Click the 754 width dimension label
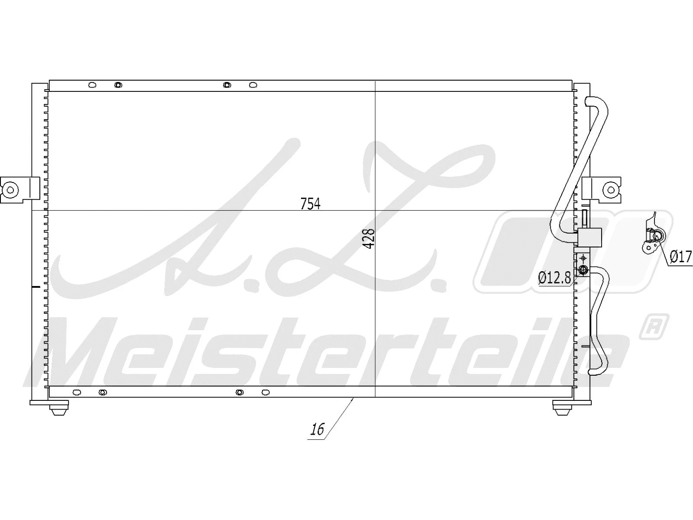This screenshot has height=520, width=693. pos(310,203)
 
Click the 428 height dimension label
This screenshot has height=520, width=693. pos(369,238)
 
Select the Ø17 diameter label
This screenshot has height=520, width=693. pos(680,257)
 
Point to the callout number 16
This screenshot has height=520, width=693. pos(317,429)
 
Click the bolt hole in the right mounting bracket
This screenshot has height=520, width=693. pos(610,189)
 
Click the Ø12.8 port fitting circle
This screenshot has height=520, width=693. pos(583,271)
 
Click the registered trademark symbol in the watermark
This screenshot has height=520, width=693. pos(654,327)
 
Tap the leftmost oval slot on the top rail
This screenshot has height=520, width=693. pos(92,85)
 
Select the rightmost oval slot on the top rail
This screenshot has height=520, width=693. pos(253,85)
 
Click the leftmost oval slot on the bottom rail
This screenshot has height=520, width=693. pos(77,392)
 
